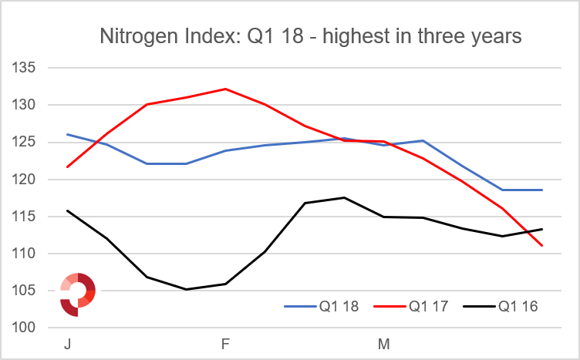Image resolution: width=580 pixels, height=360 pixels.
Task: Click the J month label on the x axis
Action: (67, 345)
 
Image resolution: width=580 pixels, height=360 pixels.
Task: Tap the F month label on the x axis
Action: (226, 345)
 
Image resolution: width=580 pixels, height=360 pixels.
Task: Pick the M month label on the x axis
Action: (383, 345)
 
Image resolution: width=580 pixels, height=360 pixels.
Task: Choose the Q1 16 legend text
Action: (518, 306)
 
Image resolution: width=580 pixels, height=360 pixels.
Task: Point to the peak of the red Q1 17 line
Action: (225, 89)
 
